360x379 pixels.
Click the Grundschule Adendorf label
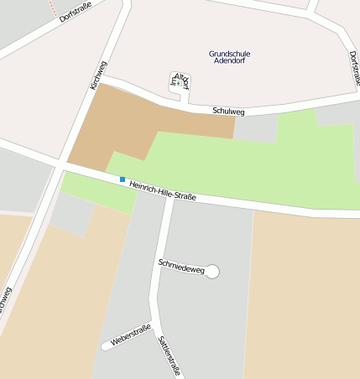tap(230, 57)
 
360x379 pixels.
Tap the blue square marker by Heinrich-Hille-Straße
tap(123, 179)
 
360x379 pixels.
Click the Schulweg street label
tap(228, 111)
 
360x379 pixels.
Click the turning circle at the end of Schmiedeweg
tap(212, 271)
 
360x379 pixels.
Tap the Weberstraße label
tap(130, 335)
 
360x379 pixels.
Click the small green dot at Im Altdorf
tap(178, 83)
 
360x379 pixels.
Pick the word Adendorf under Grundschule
tap(230, 62)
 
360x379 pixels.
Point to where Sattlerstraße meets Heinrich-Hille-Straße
tap(170, 196)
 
